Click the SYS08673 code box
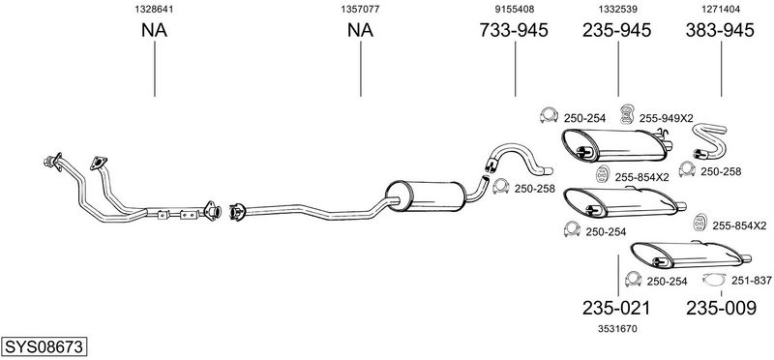coord(44,346)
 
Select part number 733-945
coord(514,31)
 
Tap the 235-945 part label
coord(617,31)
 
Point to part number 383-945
coord(720,31)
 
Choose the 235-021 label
coord(616,308)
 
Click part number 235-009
coord(721,308)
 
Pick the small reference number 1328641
coord(155,9)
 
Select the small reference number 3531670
coord(617,328)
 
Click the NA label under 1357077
coord(360,31)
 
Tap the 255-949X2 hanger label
coord(667,118)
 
